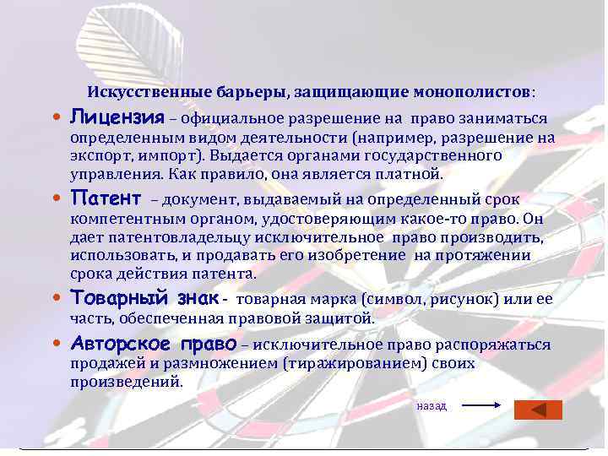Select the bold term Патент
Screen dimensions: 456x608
(106, 198)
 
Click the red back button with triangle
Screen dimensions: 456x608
(538, 409)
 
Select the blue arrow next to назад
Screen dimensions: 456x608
(484, 406)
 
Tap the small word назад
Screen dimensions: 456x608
(432, 406)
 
